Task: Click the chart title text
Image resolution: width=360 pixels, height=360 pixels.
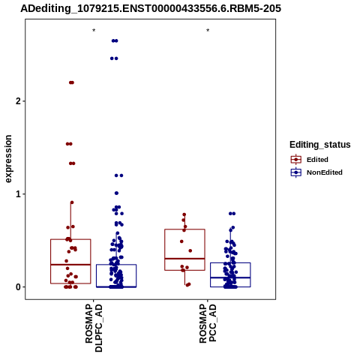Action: [151, 8]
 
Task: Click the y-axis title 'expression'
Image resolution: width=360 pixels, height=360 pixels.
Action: [8, 159]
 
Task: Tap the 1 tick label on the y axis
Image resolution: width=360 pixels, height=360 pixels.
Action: [18, 194]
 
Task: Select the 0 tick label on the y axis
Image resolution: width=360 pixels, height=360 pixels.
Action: [18, 287]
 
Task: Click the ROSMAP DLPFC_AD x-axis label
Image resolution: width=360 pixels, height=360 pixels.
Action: [94, 328]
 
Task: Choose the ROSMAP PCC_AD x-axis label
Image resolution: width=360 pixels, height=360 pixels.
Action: [208, 323]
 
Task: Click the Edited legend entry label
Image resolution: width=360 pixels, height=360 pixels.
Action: [317, 160]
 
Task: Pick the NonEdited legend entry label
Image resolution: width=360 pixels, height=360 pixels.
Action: [325, 172]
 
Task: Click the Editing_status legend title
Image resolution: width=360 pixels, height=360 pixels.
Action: [320, 145]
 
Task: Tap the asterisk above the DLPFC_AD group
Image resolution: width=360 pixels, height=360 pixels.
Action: [94, 31]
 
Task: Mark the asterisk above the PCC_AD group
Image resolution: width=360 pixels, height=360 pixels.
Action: [208, 31]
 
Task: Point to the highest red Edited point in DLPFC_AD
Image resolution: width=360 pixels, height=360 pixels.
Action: [71, 82]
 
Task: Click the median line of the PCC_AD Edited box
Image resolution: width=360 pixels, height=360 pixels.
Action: [184, 259]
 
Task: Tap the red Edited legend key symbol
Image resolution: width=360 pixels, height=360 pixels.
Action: [296, 160]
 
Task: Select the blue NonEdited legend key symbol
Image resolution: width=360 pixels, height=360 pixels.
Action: [296, 172]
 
